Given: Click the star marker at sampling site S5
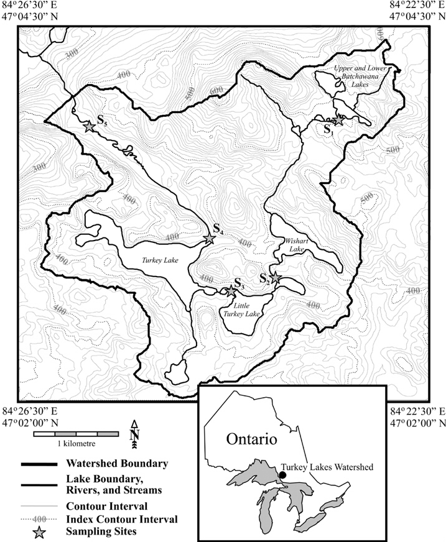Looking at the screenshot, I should pyautogui.click(x=89, y=126).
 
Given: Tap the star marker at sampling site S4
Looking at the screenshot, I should pyautogui.click(x=210, y=239).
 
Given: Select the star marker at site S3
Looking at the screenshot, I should pyautogui.click(x=231, y=291).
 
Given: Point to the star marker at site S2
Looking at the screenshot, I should pyautogui.click(x=276, y=278).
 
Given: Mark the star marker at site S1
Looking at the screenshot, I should pyautogui.click(x=339, y=119).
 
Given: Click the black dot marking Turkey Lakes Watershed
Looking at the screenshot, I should pyautogui.click(x=282, y=475).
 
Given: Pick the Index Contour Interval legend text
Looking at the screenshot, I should pyautogui.click(x=121, y=518).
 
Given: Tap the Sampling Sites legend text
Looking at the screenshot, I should pyautogui.click(x=96, y=531).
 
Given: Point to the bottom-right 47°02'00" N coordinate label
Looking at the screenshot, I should pyautogui.click(x=417, y=423).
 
